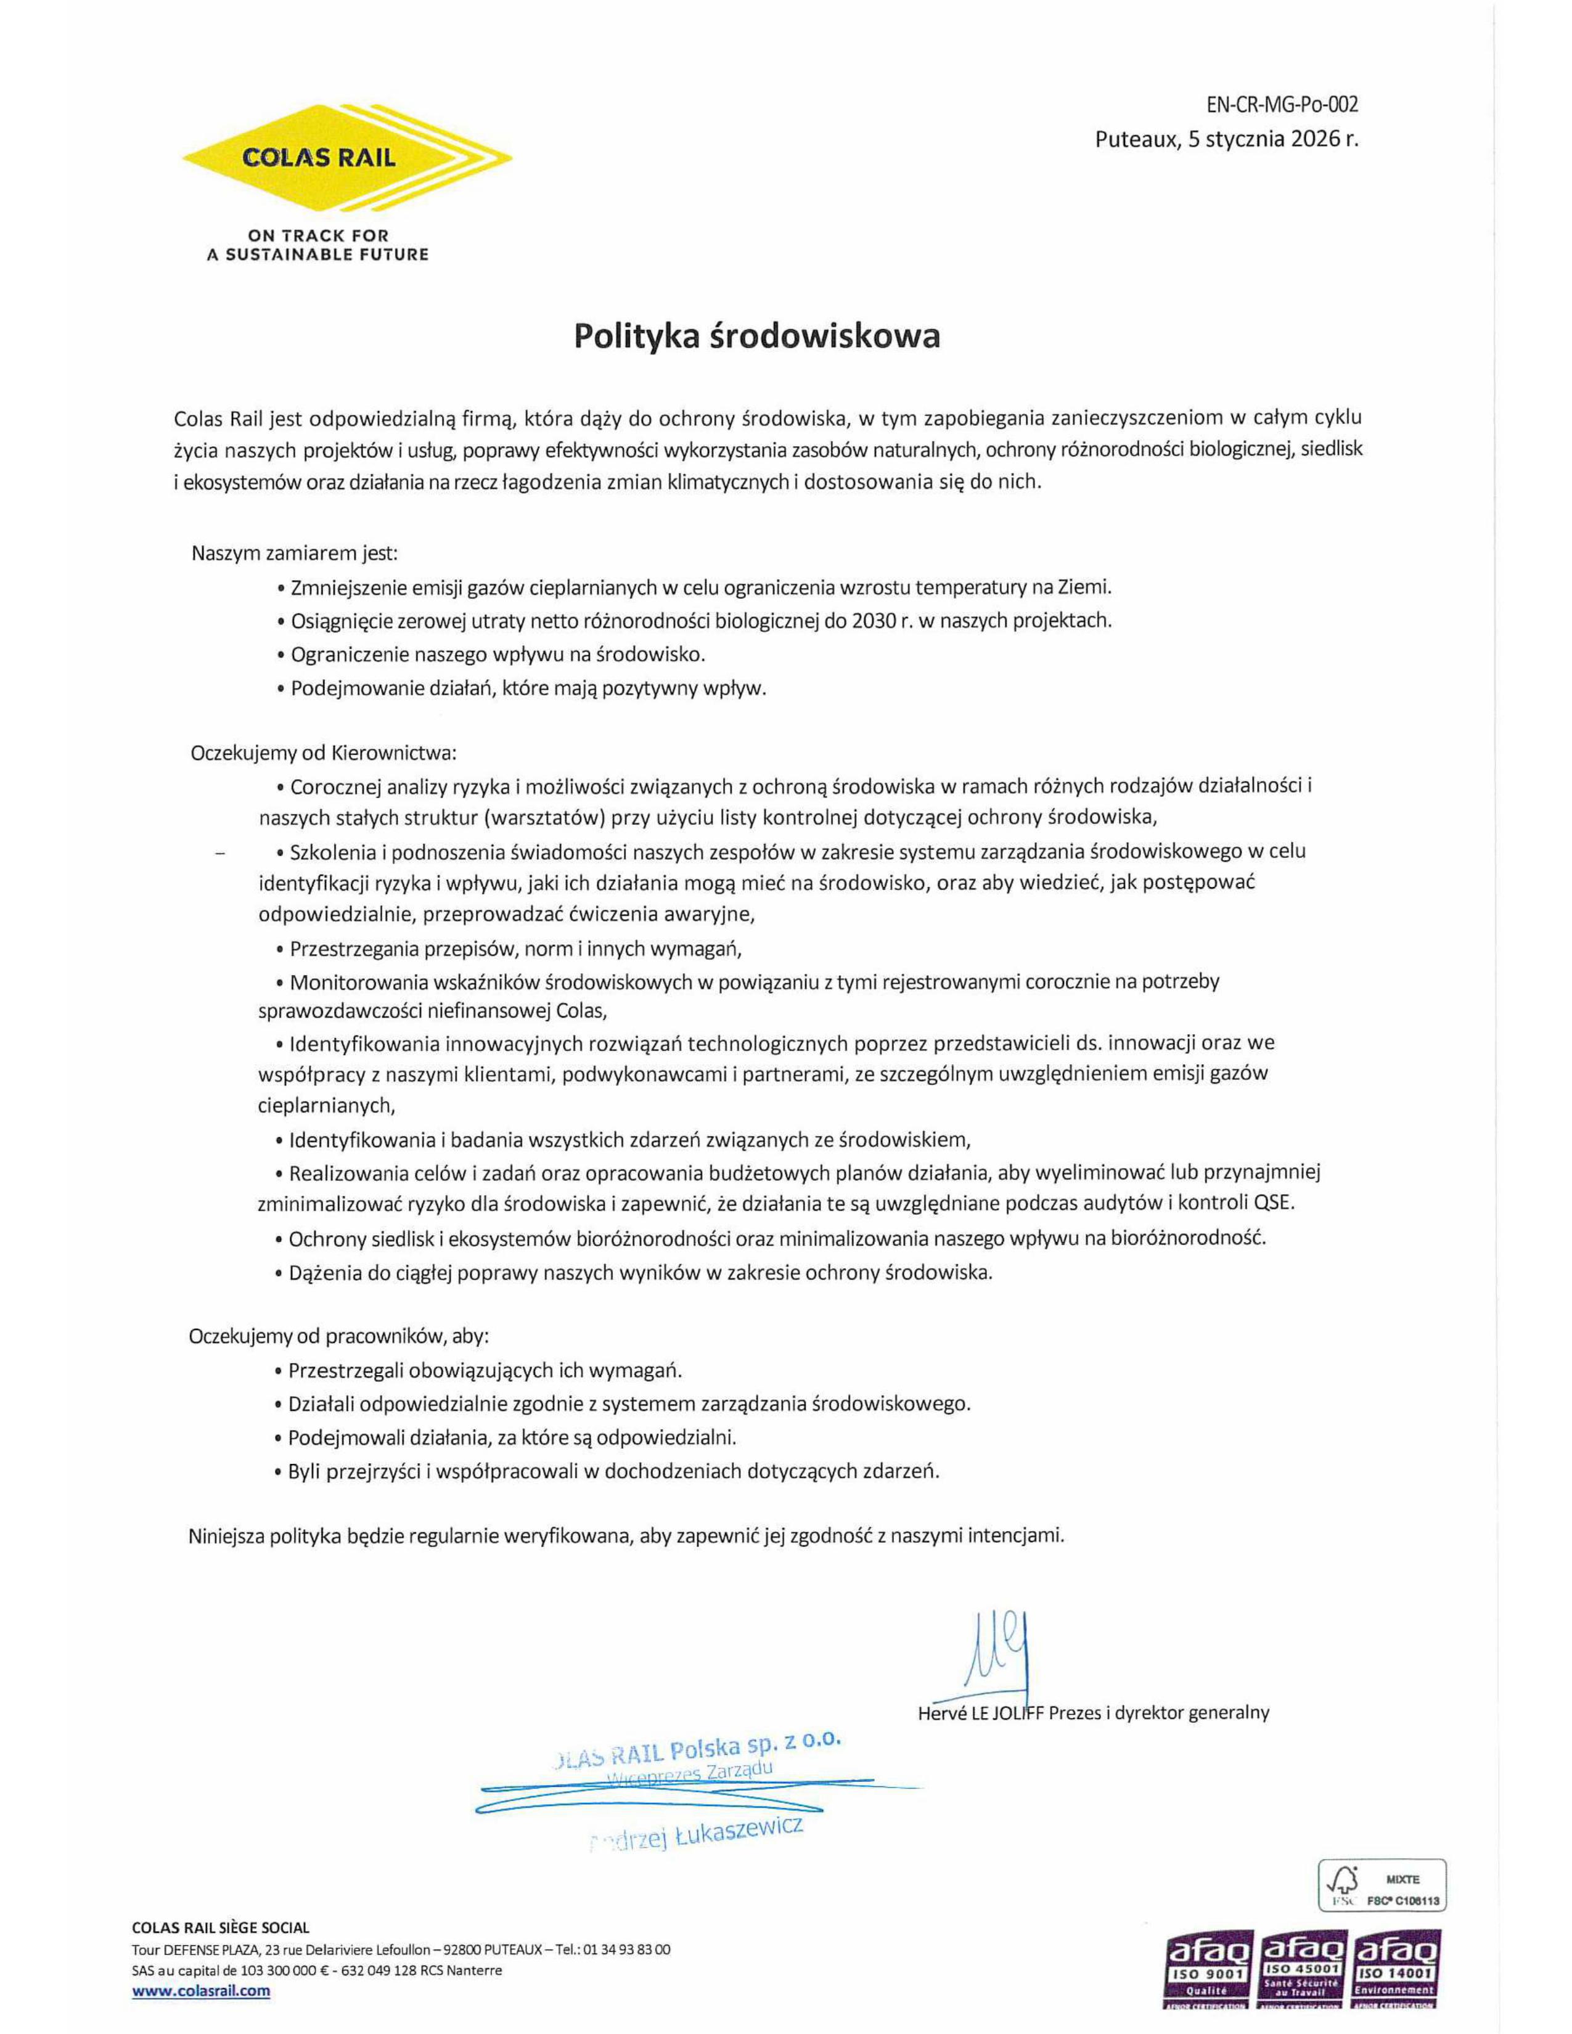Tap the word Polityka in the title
(x=633, y=335)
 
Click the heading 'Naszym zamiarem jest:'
(x=294, y=553)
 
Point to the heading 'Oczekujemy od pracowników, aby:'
(x=338, y=1336)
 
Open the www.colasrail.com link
(x=201, y=1990)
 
